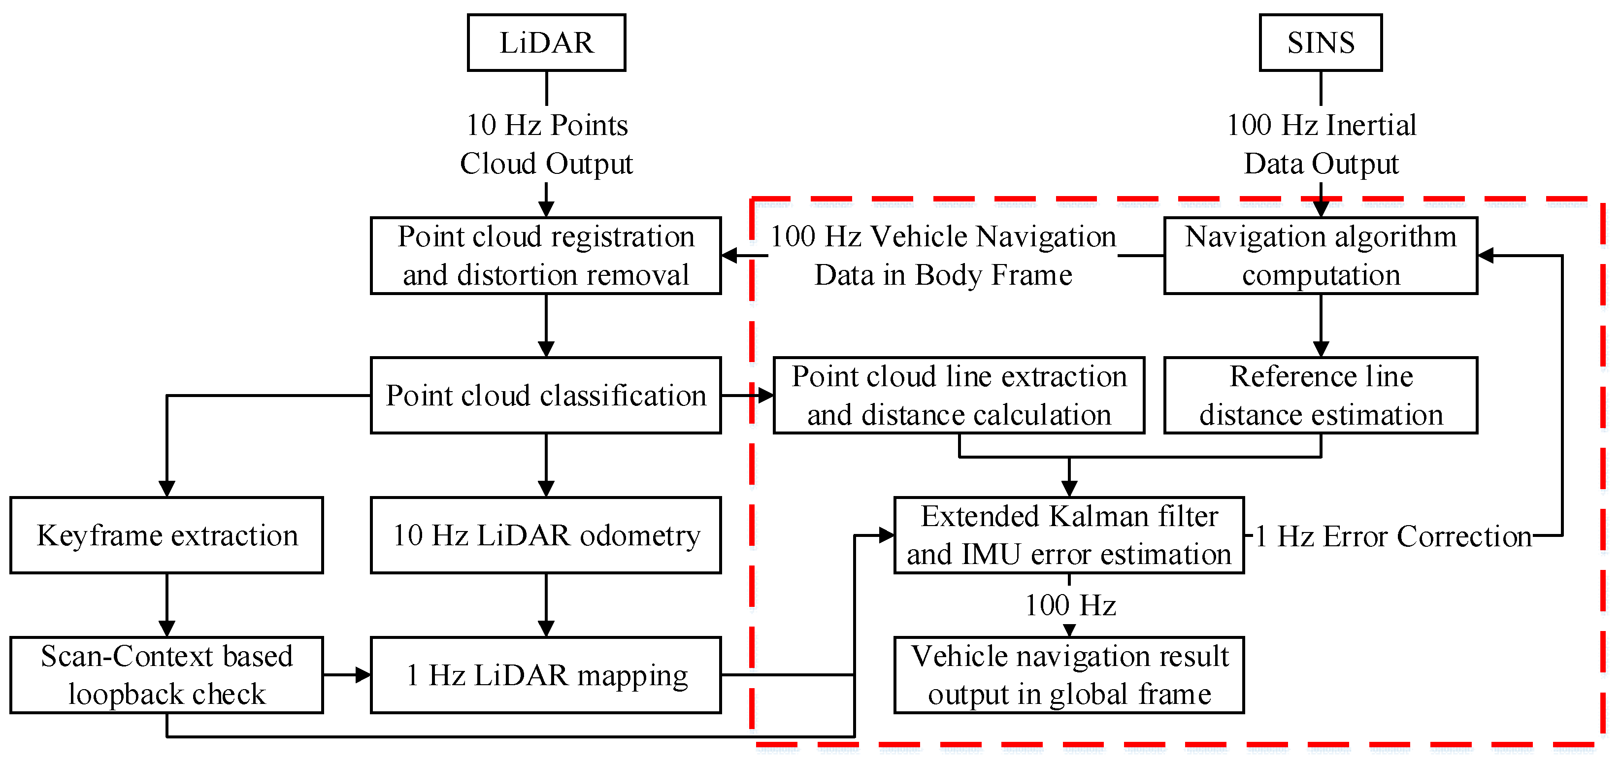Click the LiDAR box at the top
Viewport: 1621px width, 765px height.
tap(546, 43)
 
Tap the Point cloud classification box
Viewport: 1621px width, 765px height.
tap(546, 396)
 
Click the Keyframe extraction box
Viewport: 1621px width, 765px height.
tap(167, 535)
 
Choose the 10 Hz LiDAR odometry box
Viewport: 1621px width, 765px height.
tap(546, 535)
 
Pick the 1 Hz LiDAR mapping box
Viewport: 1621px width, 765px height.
tap(546, 675)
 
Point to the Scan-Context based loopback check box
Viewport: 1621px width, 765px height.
tap(167, 675)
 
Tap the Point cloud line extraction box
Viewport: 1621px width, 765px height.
tap(959, 396)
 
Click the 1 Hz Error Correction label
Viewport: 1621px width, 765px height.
tap(1392, 536)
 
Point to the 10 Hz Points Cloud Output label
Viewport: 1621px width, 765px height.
tap(546, 144)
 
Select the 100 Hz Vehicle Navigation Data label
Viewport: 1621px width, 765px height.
tap(943, 256)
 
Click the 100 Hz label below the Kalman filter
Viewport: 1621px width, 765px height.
tap(1070, 605)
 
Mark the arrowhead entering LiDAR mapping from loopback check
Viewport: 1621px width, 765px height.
tap(363, 675)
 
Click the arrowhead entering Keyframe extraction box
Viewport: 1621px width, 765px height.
tap(167, 489)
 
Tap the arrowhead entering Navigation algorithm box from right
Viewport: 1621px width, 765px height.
tap(1486, 256)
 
